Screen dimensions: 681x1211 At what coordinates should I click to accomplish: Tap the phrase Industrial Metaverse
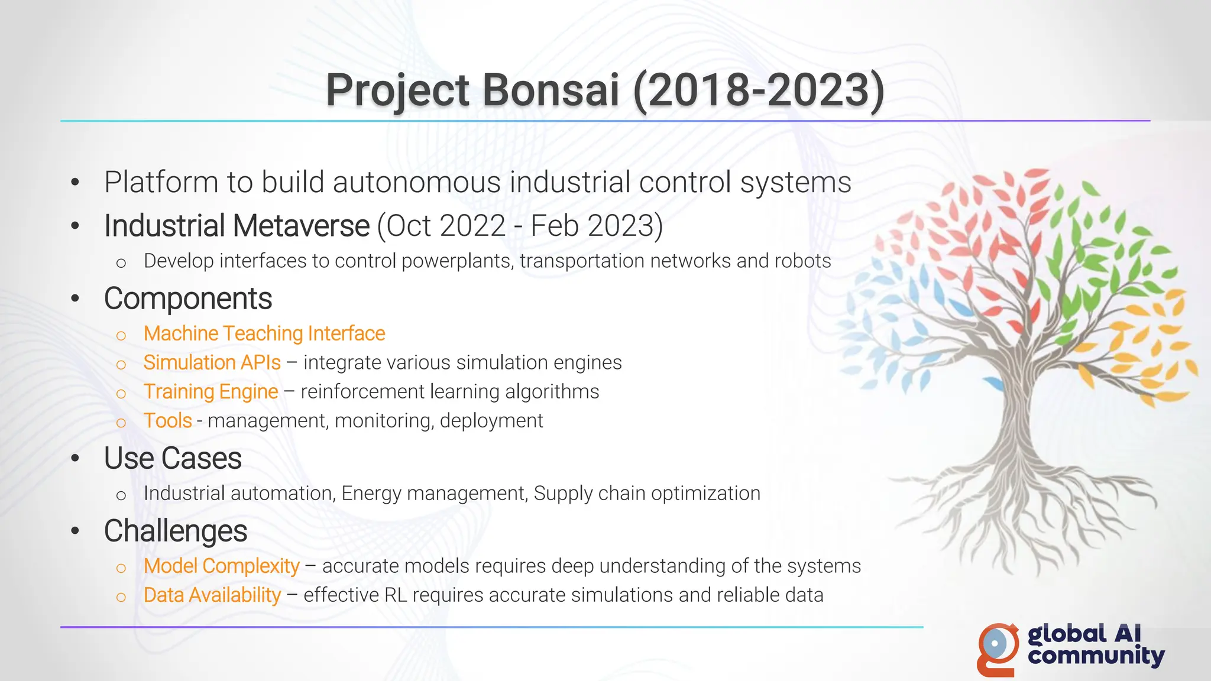pyautogui.click(x=237, y=226)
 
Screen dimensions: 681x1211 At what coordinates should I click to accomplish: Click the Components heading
pyautogui.click(x=188, y=299)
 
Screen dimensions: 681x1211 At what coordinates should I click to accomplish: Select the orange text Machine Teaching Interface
pyautogui.click(x=264, y=334)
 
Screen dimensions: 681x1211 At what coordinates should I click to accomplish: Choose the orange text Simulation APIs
pyautogui.click(x=212, y=363)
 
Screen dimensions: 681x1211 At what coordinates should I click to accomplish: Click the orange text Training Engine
pyautogui.click(x=211, y=392)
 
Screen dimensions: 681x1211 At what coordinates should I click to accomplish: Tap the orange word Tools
pyautogui.click(x=167, y=421)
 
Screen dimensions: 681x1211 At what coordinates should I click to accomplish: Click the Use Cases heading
pyautogui.click(x=173, y=459)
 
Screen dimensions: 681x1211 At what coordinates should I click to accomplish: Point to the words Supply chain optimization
pyautogui.click(x=647, y=494)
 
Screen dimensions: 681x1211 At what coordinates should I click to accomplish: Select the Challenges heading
pyautogui.click(x=176, y=531)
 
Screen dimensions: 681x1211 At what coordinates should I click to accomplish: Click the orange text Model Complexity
pyautogui.click(x=221, y=566)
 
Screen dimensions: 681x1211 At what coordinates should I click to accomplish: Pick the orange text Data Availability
pyautogui.click(x=212, y=595)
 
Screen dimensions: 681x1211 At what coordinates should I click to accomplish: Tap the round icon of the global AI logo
pyautogui.click(x=997, y=645)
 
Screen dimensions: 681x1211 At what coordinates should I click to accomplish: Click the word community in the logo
pyautogui.click(x=1096, y=656)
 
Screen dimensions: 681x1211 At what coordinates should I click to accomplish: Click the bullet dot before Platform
pyautogui.click(x=75, y=183)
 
